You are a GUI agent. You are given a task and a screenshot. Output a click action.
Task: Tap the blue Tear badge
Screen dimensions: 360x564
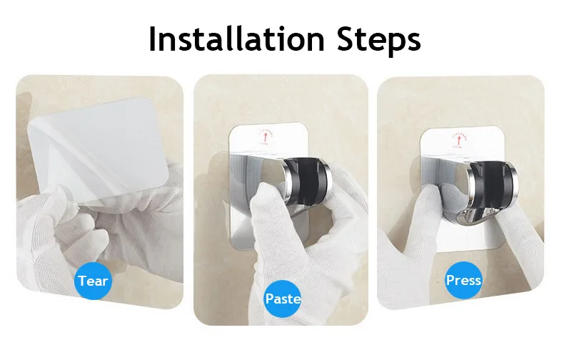(93, 280)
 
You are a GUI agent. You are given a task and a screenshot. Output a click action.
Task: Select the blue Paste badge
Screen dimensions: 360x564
(283, 297)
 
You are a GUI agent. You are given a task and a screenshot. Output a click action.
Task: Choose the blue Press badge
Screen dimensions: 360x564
(463, 280)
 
